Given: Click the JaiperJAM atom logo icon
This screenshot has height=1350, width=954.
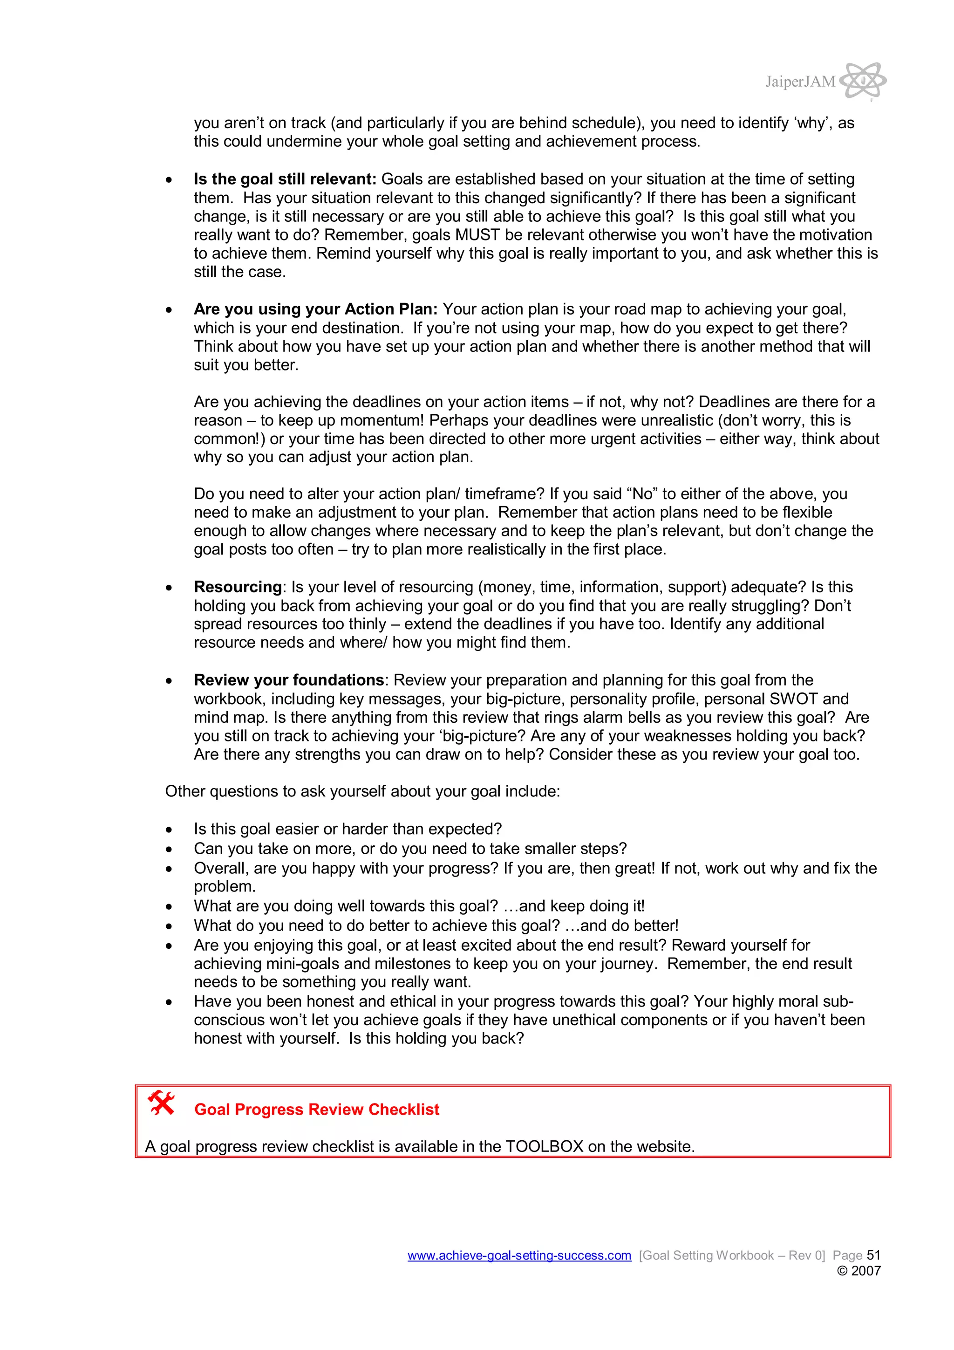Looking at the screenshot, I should [x=862, y=81].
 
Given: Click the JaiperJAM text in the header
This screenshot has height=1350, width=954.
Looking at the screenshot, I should [x=799, y=82].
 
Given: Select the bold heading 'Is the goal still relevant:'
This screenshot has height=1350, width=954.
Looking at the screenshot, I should [x=285, y=179].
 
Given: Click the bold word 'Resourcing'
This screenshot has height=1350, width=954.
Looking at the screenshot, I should [x=238, y=587].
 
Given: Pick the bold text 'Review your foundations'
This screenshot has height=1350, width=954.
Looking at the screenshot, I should [x=289, y=680].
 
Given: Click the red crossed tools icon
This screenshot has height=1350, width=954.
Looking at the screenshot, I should [x=161, y=1103].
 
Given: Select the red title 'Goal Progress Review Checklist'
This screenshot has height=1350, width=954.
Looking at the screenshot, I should [x=316, y=1110].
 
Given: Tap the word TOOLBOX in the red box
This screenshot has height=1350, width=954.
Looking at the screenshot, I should [x=544, y=1146].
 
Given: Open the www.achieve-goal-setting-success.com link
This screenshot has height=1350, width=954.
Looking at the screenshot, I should [x=519, y=1255].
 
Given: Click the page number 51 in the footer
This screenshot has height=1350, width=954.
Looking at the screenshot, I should [x=873, y=1255].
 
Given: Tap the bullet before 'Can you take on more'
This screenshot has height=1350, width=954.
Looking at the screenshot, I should [x=169, y=850].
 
